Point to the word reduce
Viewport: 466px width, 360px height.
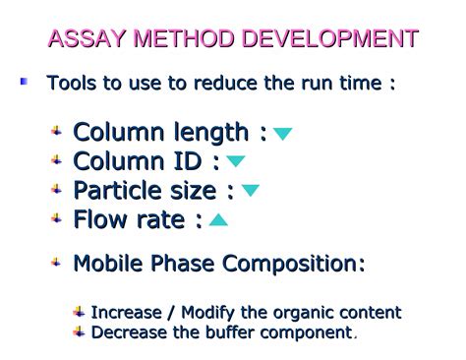(x=227, y=83)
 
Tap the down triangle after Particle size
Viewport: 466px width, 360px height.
(x=251, y=191)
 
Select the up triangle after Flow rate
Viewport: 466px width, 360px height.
(x=218, y=220)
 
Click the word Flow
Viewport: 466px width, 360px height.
(x=101, y=219)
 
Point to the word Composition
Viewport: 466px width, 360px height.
(x=294, y=265)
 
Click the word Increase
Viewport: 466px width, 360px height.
(x=127, y=313)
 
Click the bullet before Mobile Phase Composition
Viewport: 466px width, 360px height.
(x=57, y=263)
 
